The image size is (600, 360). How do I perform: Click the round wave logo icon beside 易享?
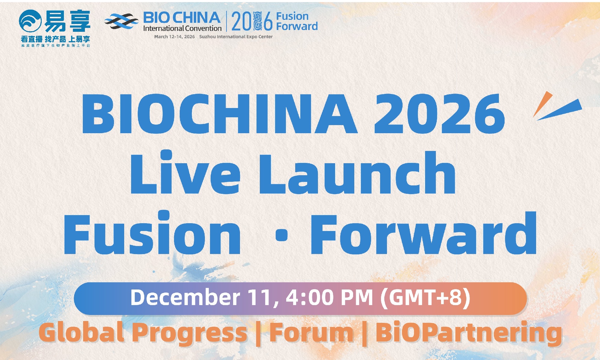coord(30,21)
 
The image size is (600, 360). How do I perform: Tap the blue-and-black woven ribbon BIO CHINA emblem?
coord(121,21)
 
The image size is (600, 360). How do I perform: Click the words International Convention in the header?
coord(182,28)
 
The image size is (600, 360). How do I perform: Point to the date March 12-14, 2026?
coord(174,37)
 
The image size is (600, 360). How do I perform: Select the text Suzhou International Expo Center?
coord(236,37)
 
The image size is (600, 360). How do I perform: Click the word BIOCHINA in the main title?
coord(219,114)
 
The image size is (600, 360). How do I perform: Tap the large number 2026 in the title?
coord(439,114)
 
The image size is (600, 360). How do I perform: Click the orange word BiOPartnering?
coord(469,333)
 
